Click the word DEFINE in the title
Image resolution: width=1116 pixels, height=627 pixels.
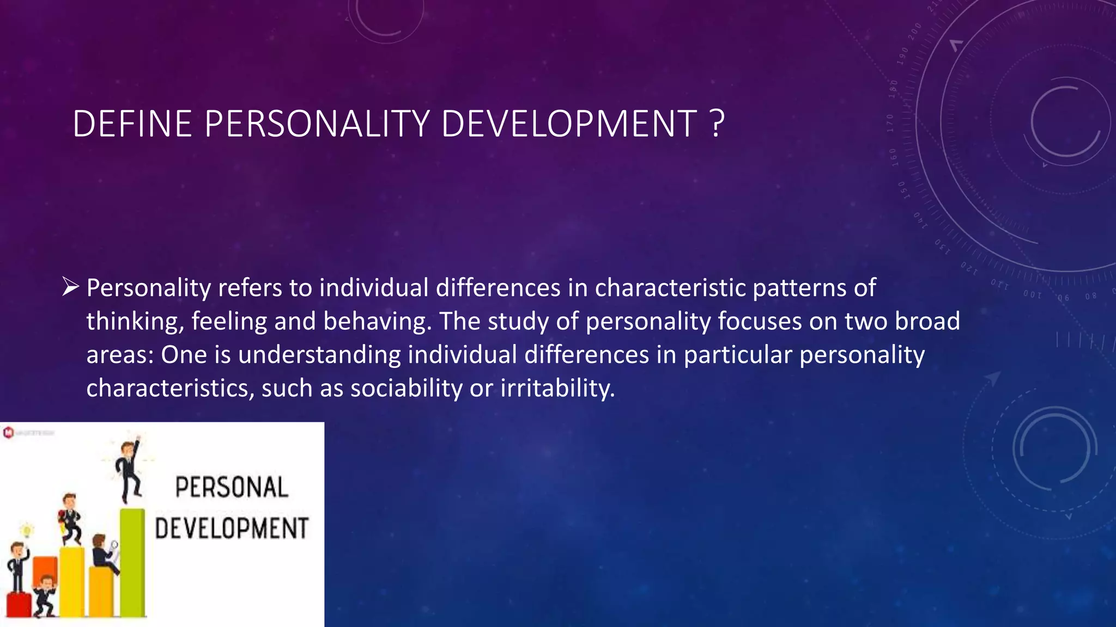132,124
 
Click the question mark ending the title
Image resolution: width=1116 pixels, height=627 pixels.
718,124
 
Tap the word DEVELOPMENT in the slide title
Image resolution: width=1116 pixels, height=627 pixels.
569,124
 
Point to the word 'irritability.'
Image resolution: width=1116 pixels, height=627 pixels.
557,389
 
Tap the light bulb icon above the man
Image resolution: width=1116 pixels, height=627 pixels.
26,530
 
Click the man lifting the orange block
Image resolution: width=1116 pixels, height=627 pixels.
45,596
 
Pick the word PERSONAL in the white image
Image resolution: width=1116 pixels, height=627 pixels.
232,487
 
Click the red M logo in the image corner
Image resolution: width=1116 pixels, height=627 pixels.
8,433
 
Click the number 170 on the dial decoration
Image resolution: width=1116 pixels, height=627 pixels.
890,123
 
